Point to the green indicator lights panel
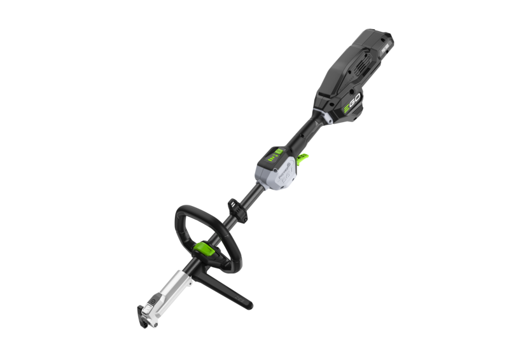pos(274,155)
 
